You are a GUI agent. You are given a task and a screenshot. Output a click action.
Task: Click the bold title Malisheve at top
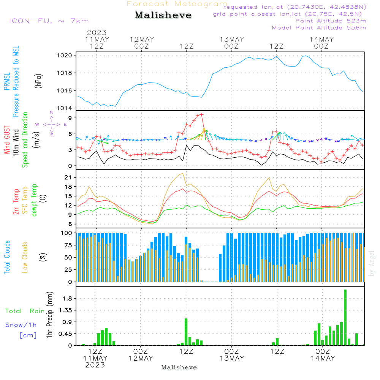pos(163,15)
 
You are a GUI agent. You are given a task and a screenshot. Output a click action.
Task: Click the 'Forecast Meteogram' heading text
pos(177,4)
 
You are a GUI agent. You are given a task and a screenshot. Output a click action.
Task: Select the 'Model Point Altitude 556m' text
pos(319,28)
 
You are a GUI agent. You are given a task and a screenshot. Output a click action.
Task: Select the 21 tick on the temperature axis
pos(69,177)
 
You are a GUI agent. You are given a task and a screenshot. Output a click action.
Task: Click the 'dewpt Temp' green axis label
pos(34,200)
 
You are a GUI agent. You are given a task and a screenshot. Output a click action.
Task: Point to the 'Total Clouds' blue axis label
pos(7,257)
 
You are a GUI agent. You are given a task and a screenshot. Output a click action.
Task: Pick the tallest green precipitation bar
pos(345,317)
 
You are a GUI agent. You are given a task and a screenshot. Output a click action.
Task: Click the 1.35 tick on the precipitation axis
pos(66,310)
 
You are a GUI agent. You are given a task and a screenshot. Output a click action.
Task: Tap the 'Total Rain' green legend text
pos(25,311)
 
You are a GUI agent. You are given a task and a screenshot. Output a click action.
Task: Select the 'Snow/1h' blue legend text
pos(21,325)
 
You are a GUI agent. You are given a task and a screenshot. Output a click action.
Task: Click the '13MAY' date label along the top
pos(231,40)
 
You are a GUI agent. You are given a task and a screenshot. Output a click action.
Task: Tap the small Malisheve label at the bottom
pos(179,367)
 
